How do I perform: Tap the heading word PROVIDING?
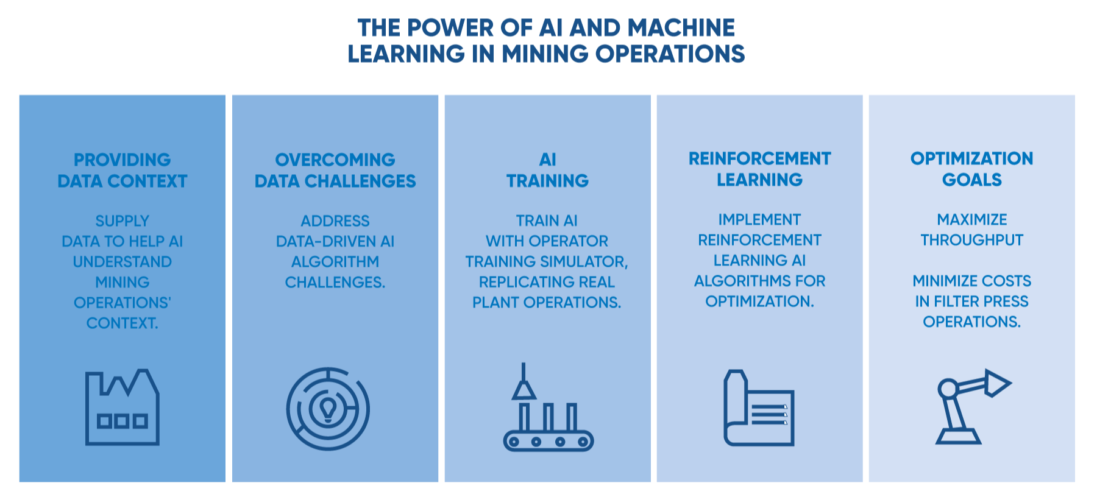point(122,160)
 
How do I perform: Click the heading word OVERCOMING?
point(335,160)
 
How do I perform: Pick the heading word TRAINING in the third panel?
point(548,181)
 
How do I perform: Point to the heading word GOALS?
point(972,180)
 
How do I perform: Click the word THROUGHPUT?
point(972,241)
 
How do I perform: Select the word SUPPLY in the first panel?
point(122,221)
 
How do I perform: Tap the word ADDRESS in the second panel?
point(335,221)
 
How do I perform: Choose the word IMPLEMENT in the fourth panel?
point(759,220)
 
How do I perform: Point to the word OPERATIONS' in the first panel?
point(122,303)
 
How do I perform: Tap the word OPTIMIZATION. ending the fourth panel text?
point(759,301)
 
